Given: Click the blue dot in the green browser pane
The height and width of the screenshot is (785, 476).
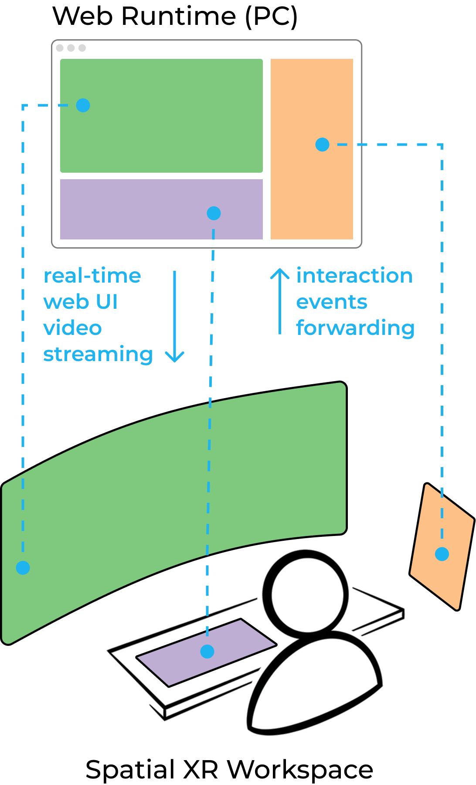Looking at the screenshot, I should click(x=83, y=105).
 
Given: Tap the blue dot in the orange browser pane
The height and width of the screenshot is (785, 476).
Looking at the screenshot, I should click(x=322, y=144).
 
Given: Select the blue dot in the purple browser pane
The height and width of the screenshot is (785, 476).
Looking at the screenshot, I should click(x=214, y=213).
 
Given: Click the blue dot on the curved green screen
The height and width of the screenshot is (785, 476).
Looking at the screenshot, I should click(x=23, y=567).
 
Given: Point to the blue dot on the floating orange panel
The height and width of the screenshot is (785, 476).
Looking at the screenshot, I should click(x=442, y=554).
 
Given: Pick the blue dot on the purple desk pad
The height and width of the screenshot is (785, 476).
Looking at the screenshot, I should click(x=207, y=651).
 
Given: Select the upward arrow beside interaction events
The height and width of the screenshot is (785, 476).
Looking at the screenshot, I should click(x=280, y=301).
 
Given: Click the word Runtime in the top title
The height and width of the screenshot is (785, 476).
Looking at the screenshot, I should click(x=179, y=17).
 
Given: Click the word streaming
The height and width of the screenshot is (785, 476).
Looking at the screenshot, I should click(x=98, y=355).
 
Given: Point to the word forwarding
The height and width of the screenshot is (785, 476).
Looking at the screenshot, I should click(x=355, y=328).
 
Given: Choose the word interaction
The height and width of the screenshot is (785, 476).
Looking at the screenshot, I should click(x=354, y=276).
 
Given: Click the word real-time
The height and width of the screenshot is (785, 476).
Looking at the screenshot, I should click(x=92, y=276).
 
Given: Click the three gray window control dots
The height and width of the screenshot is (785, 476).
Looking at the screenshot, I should click(x=71, y=48).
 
